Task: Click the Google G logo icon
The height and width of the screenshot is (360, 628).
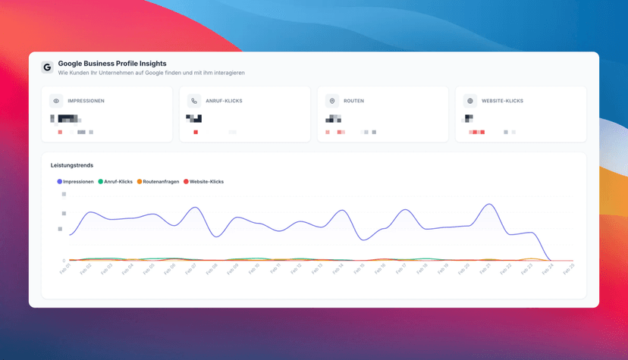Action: (x=47, y=67)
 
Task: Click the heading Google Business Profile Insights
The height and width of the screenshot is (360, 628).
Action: (x=112, y=64)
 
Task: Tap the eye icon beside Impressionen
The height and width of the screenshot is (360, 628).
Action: (x=56, y=101)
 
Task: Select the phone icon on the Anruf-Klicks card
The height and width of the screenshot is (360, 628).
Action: (x=194, y=101)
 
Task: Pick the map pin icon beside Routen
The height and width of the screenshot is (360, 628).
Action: (x=332, y=101)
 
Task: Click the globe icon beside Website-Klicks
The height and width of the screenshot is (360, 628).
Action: (x=470, y=101)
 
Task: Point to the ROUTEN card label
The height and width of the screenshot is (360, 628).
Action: (x=354, y=101)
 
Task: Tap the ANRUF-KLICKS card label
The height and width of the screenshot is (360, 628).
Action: (x=224, y=101)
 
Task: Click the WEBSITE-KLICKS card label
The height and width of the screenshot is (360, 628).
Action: (x=502, y=101)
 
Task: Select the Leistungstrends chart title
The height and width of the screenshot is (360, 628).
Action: (x=72, y=164)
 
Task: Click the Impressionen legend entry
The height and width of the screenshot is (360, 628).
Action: (x=76, y=182)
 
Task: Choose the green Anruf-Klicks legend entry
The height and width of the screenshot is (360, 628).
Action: (x=115, y=182)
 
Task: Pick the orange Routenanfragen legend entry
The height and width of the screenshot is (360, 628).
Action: (x=158, y=182)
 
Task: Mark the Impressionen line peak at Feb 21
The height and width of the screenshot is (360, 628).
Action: (x=490, y=204)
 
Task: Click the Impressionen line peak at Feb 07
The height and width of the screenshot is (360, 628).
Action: (x=196, y=208)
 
